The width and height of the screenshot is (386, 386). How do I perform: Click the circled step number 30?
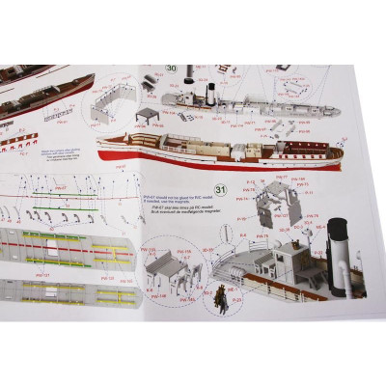(x=173, y=69)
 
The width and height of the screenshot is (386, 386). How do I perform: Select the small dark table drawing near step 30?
(x=148, y=116)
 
